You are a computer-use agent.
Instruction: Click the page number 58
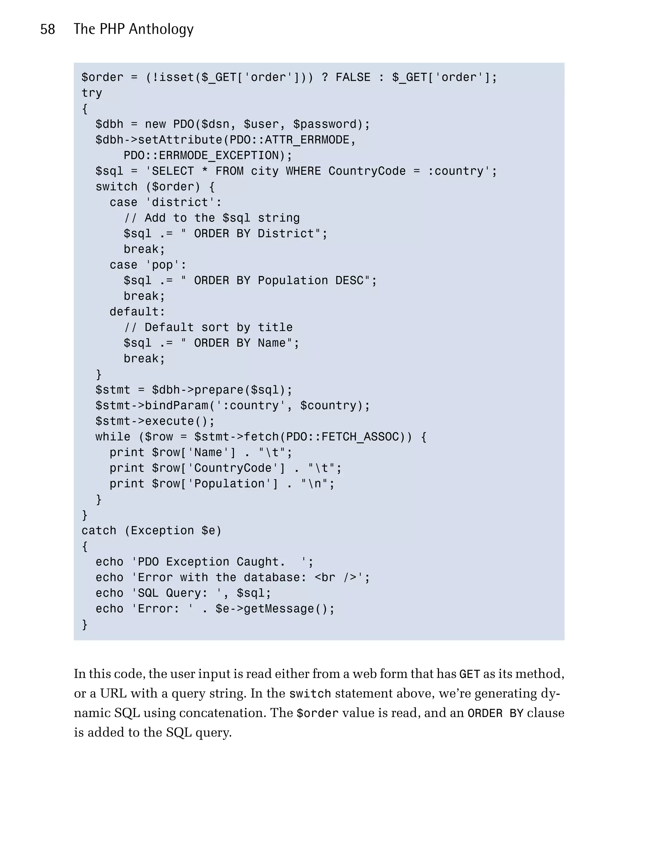click(47, 29)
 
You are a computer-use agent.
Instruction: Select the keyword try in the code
click(92, 93)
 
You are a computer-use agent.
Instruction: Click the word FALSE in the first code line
click(353, 77)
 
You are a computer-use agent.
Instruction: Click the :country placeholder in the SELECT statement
click(456, 171)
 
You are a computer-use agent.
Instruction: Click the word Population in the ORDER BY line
click(293, 280)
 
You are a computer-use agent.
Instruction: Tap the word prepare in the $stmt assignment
click(219, 390)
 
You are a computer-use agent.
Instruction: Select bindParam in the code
click(176, 406)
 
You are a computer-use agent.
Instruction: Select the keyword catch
click(98, 531)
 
